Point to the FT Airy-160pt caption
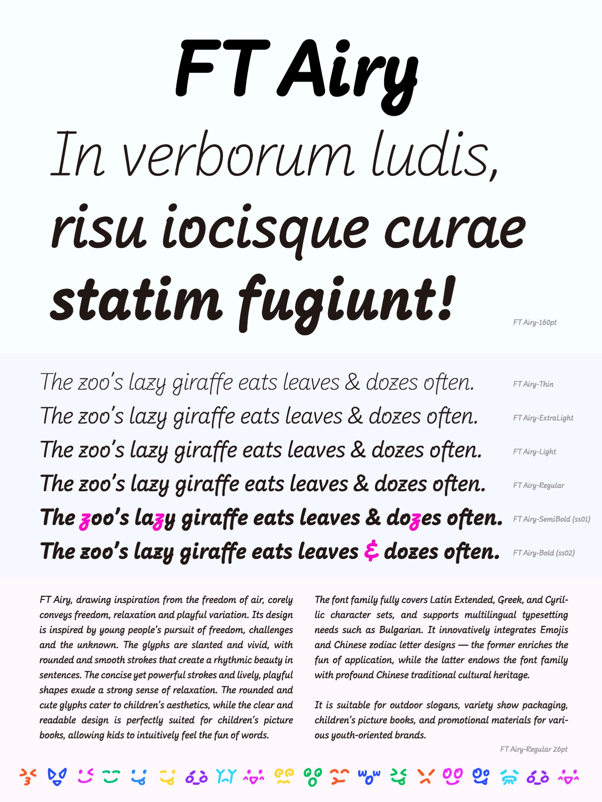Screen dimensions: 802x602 tap(535, 323)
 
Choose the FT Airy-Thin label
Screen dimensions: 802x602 tap(533, 384)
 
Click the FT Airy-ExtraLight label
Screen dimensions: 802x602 tap(543, 418)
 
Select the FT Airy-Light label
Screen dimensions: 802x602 tap(534, 452)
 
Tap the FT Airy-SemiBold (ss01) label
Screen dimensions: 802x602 tap(552, 519)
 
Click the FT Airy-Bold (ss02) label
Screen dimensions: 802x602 tap(544, 553)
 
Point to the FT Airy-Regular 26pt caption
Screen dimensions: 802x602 tap(534, 749)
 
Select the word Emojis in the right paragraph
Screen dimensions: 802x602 tap(554, 630)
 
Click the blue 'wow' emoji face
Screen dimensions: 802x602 tap(369, 776)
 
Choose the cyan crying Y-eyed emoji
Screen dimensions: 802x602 tap(226, 776)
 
